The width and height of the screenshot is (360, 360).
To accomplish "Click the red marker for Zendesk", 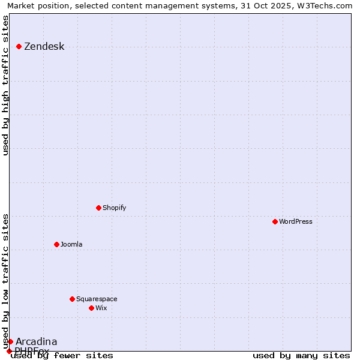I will click(x=19, y=46).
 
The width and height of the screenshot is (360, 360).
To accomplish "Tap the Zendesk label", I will click(x=44, y=47).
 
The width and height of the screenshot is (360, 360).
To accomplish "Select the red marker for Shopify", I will click(x=99, y=208).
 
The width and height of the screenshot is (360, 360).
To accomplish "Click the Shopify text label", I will click(x=114, y=208).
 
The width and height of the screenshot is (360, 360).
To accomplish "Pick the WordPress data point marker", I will click(x=275, y=221).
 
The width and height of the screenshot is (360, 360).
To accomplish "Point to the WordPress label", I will click(x=295, y=222).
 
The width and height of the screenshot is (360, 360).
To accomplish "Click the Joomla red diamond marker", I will click(x=57, y=244).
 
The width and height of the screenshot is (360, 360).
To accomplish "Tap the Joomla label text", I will click(x=71, y=245).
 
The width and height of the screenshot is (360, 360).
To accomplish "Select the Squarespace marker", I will click(x=73, y=299).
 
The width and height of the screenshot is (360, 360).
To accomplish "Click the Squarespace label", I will click(x=97, y=299).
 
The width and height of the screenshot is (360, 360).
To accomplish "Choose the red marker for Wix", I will click(x=92, y=308).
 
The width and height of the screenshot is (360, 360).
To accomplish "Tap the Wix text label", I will click(x=101, y=308).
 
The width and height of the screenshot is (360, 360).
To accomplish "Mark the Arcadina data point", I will click(x=10, y=341).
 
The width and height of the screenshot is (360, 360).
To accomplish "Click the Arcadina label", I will click(x=36, y=342).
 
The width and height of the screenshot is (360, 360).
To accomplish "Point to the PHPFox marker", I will click(x=9, y=351).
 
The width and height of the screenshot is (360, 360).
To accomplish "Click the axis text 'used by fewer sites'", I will click(x=62, y=356).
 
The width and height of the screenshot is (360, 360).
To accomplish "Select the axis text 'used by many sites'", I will click(x=301, y=356).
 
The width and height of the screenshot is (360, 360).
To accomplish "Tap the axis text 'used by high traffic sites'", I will click(x=6, y=85).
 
